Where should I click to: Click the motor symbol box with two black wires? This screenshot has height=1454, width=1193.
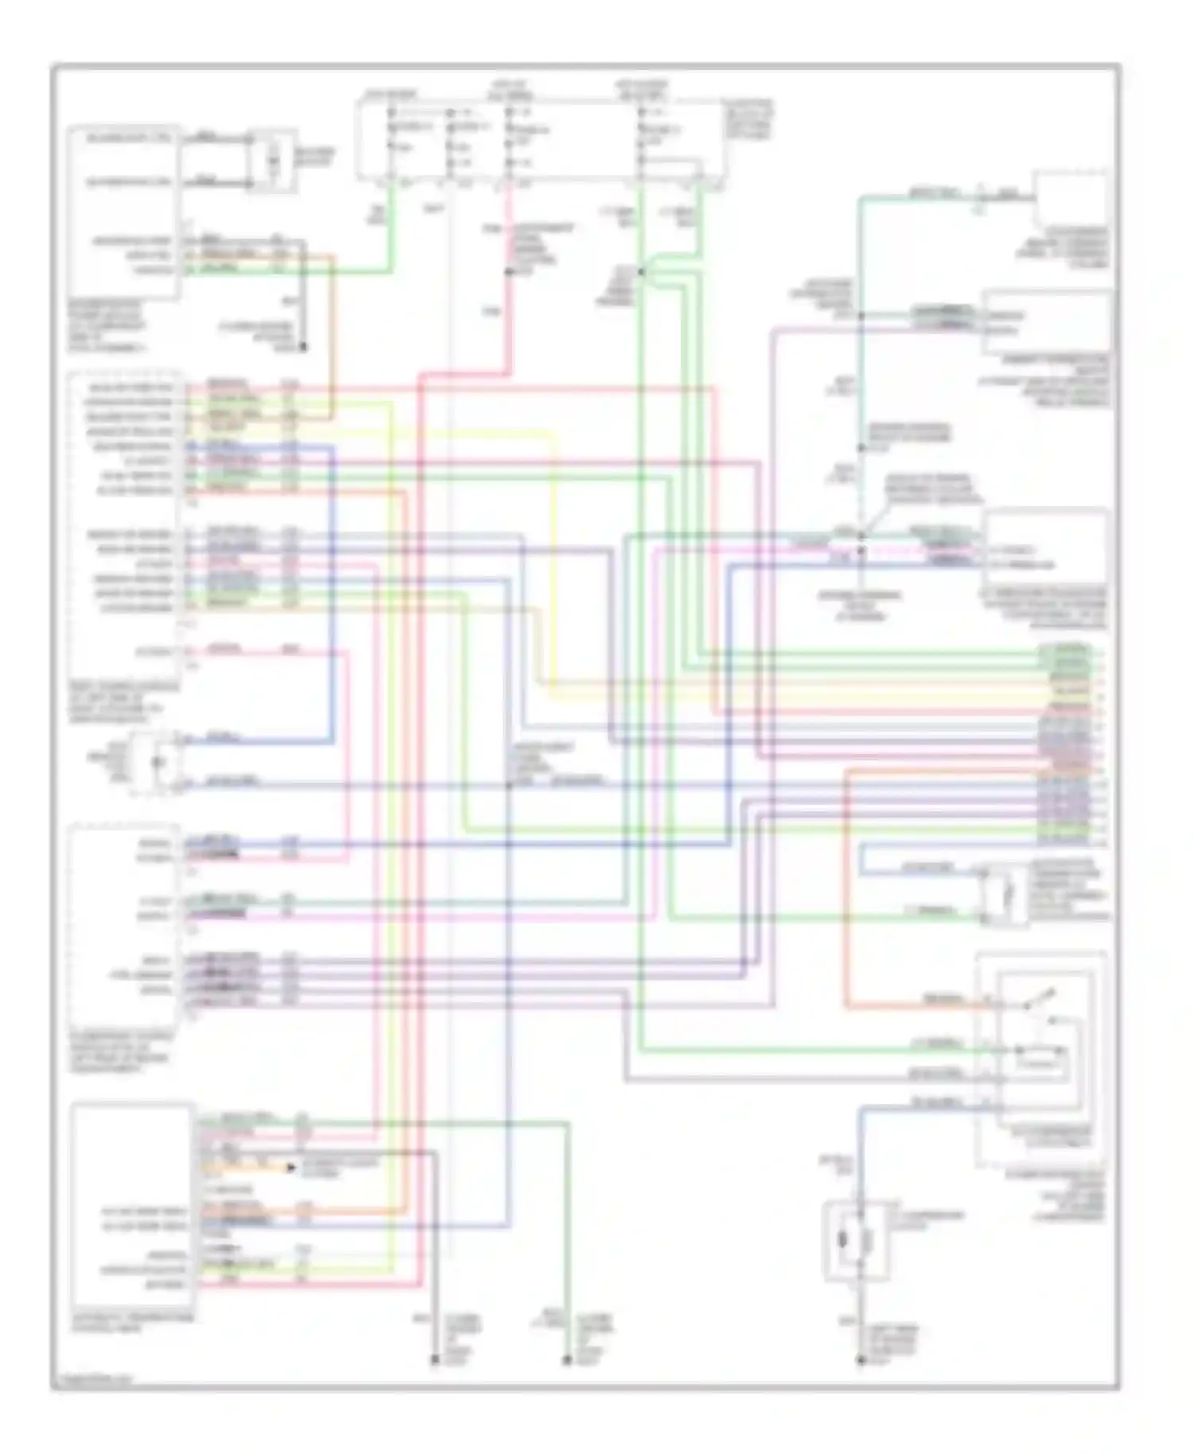(273, 161)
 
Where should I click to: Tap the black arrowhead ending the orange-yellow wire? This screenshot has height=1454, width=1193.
(292, 1168)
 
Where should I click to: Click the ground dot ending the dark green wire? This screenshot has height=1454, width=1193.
(567, 1361)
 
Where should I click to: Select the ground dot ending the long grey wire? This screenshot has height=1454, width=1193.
(435, 1361)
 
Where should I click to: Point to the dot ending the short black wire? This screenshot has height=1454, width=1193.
(303, 348)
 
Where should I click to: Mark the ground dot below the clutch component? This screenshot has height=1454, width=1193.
(861, 1361)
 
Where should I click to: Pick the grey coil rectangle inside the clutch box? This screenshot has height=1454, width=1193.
(867, 1241)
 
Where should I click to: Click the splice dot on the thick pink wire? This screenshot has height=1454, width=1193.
(509, 272)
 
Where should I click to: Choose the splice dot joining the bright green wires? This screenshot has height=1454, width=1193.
(641, 272)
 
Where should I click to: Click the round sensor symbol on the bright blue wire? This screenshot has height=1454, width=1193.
(159, 762)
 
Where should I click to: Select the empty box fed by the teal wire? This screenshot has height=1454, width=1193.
(1071, 199)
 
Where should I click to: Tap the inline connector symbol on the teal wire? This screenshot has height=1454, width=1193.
(979, 196)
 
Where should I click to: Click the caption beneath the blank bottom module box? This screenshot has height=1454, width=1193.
(132, 1323)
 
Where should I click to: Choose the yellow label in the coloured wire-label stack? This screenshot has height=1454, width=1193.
(1070, 694)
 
